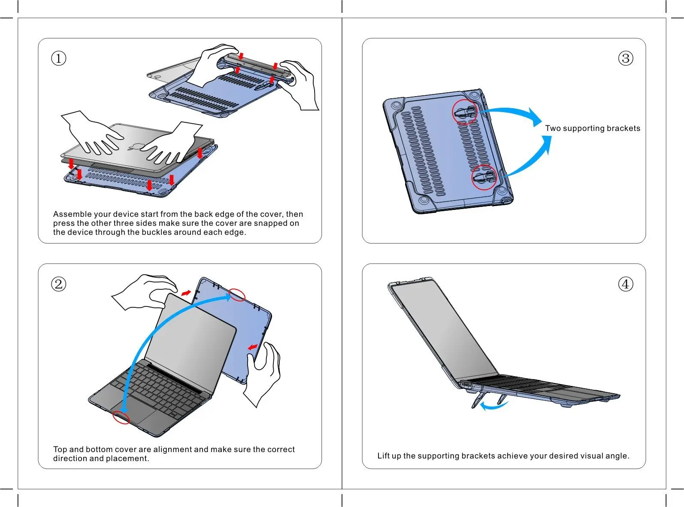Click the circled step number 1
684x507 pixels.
click(x=59, y=58)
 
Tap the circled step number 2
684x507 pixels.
click(x=59, y=284)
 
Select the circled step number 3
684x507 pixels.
click(x=626, y=58)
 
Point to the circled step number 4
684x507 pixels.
click(x=626, y=284)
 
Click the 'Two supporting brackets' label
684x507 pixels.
click(x=593, y=128)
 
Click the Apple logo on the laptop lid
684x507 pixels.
click(x=135, y=147)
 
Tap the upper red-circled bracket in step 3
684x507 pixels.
click(x=465, y=112)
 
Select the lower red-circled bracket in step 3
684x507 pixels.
click(x=484, y=177)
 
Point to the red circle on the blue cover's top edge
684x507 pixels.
click(x=237, y=294)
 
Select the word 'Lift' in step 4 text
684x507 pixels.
click(x=383, y=456)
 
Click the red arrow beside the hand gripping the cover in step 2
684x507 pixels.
click(x=253, y=347)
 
